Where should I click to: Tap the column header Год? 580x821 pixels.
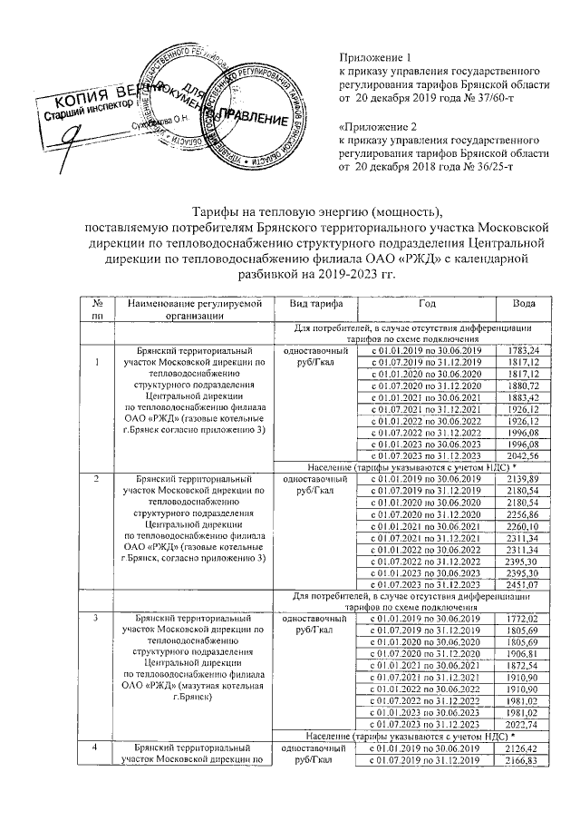(427, 303)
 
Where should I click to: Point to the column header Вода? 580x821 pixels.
(523, 303)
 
